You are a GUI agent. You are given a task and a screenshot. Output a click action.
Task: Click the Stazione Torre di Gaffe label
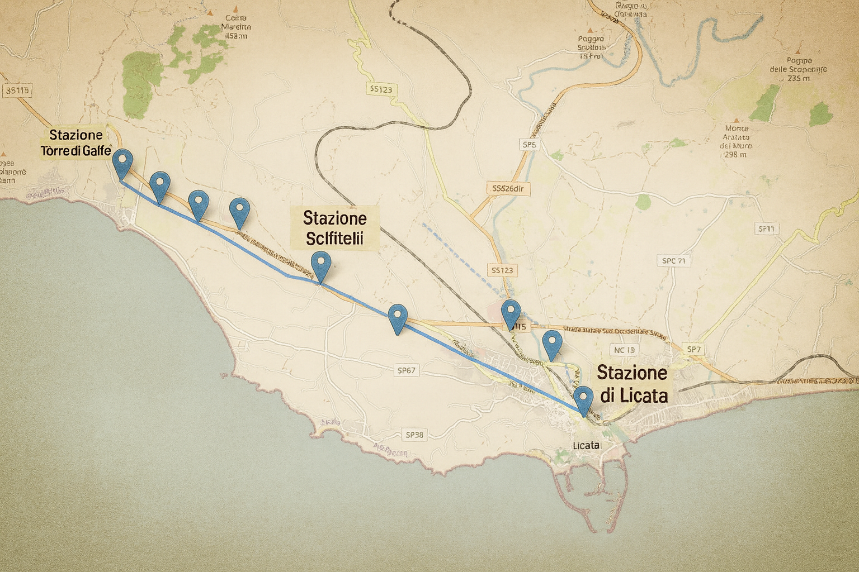[75, 143]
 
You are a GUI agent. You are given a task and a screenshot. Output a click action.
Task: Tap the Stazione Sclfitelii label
[334, 228]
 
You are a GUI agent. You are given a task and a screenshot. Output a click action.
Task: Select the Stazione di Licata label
[633, 384]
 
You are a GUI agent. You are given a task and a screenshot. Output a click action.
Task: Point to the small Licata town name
[586, 445]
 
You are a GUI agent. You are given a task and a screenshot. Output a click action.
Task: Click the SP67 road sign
[406, 370]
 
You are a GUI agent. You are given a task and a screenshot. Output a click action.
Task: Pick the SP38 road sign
[414, 435]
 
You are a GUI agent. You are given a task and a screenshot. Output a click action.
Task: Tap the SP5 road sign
[529, 145]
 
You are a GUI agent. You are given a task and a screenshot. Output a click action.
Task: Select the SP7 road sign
[693, 349]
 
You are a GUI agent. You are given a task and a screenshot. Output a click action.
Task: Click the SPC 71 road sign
[673, 261]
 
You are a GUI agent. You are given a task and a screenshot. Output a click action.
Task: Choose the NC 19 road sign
[625, 350]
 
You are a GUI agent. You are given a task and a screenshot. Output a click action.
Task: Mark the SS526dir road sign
[508, 189]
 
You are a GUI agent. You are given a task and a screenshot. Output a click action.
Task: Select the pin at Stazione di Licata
[583, 398]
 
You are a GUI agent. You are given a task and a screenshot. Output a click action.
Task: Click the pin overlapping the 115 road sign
[511, 312]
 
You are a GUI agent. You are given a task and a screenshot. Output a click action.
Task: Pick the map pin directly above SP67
[397, 317]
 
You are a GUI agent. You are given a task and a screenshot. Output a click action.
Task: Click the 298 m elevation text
[735, 155]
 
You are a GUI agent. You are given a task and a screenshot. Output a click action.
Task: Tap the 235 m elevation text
[798, 78]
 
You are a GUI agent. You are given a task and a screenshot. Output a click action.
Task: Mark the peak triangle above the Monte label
[737, 120]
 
